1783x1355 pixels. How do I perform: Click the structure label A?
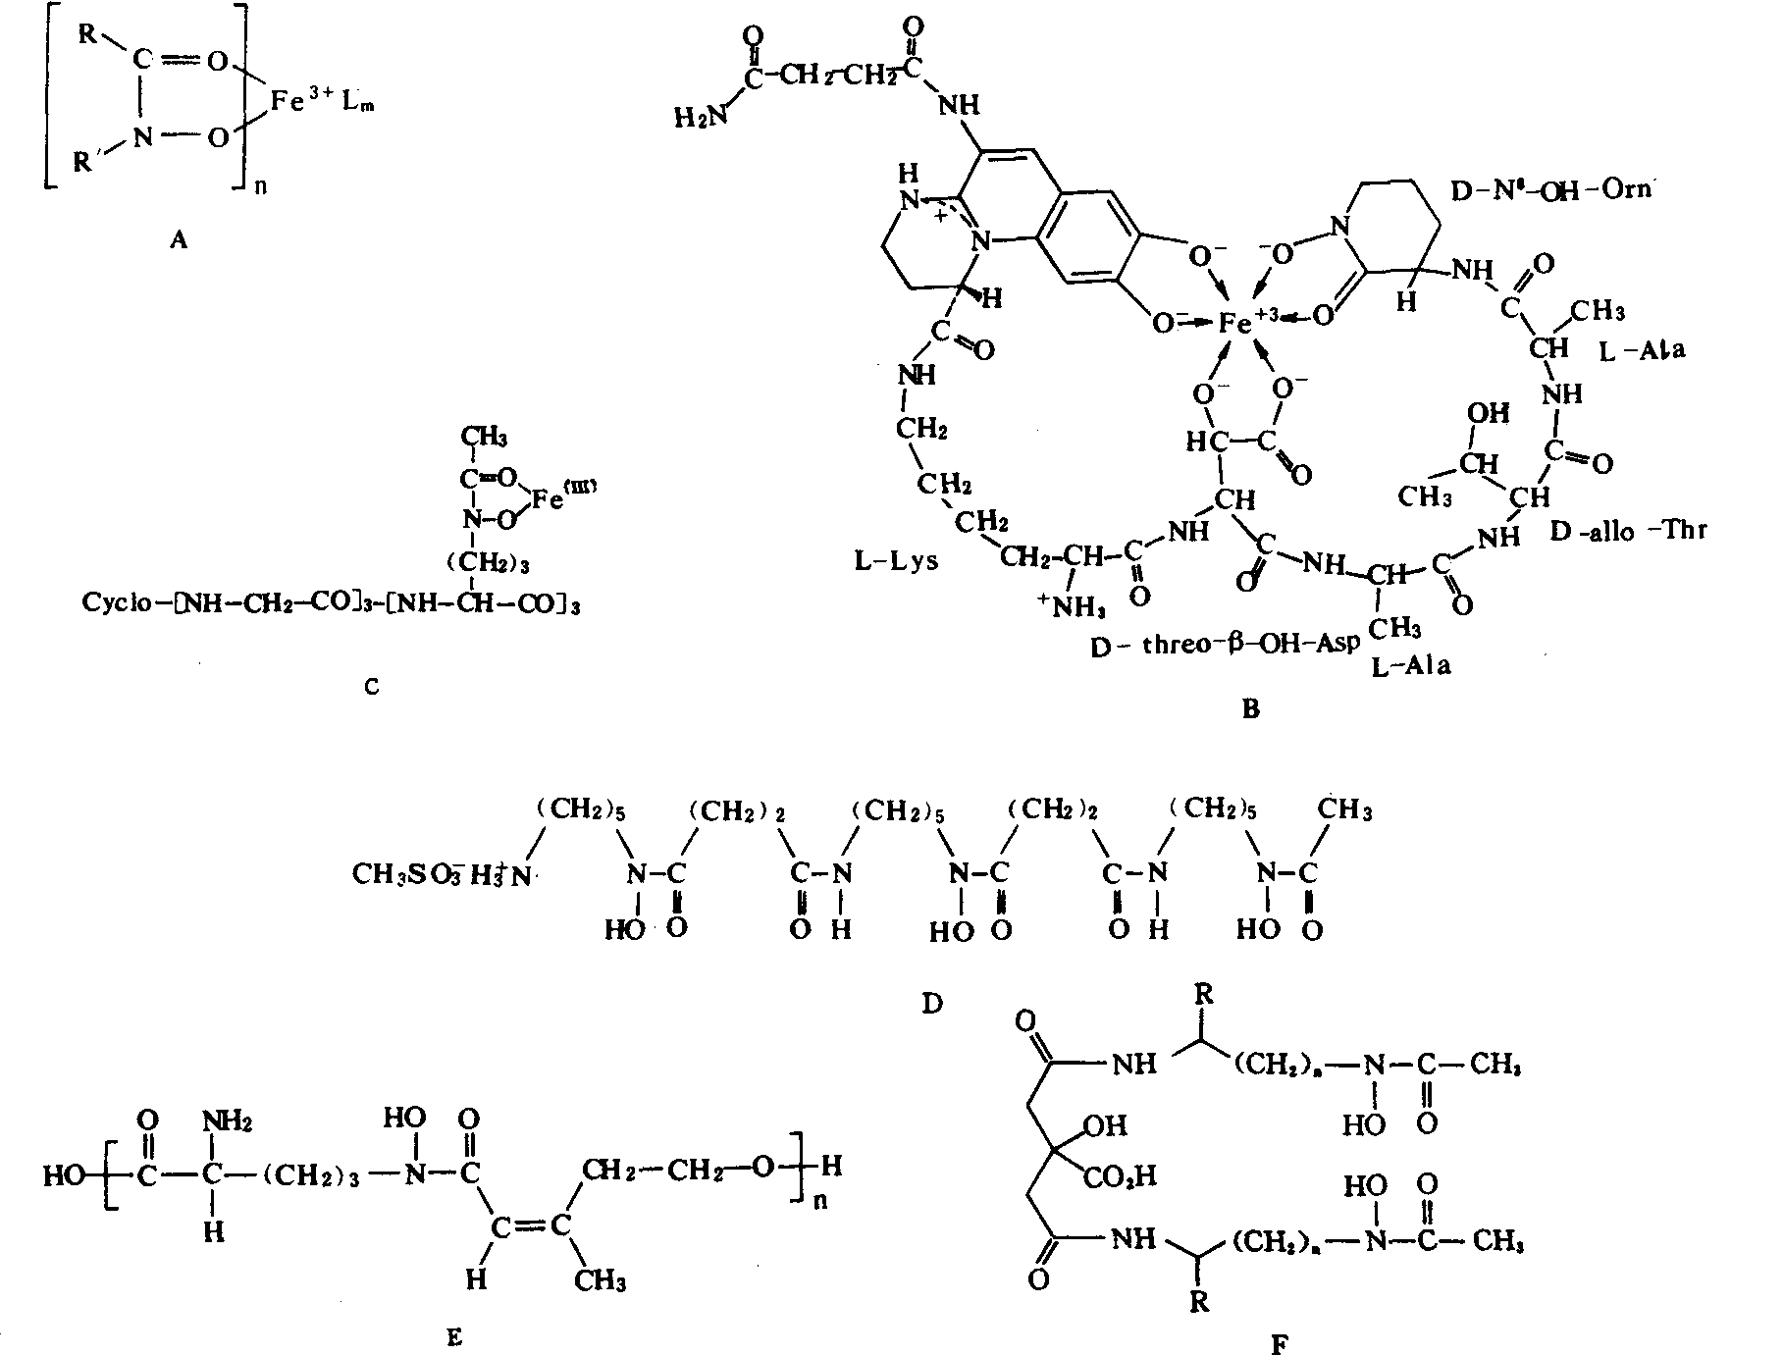(x=177, y=238)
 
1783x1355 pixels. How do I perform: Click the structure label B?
(x=1249, y=709)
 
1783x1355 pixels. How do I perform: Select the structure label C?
(x=371, y=687)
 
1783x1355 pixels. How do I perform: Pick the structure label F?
(x=1279, y=1344)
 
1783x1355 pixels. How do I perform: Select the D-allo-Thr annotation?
(x=1628, y=531)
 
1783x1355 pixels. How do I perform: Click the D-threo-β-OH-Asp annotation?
(x=1225, y=644)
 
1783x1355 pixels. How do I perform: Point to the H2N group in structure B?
(x=702, y=117)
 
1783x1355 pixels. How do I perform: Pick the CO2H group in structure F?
(x=1122, y=1174)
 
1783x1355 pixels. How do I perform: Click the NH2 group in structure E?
(x=228, y=1119)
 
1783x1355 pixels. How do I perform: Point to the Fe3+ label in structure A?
(x=300, y=102)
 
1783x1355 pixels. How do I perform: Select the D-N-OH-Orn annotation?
(x=1551, y=190)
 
